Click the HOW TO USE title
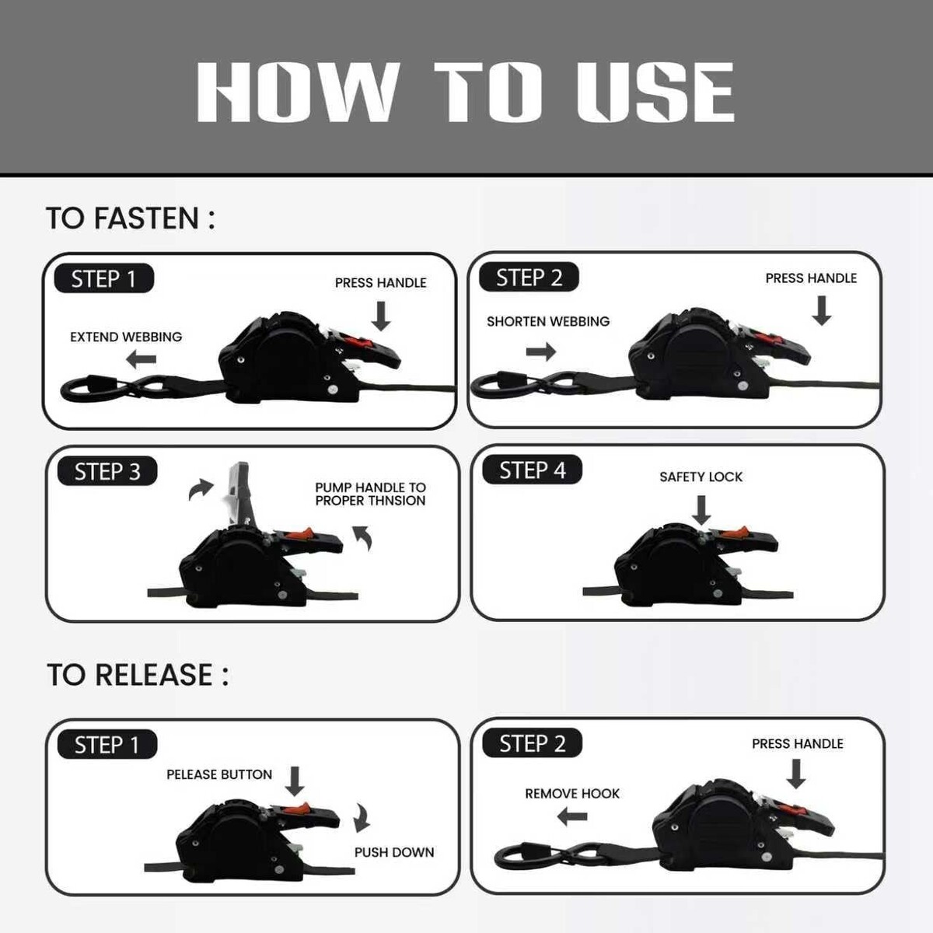tap(466, 92)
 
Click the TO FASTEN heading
tap(131, 218)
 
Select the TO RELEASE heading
tap(138, 675)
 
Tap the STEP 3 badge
tap(107, 471)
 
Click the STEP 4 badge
tap(532, 470)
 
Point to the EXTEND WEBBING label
tap(126, 337)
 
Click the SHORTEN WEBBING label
tap(548, 321)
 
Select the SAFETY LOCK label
tap(701, 477)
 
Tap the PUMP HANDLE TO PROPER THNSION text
tap(370, 494)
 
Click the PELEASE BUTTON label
tap(219, 774)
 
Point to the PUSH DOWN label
tap(394, 852)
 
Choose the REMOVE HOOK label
tap(572, 794)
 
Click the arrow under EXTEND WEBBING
tap(141, 359)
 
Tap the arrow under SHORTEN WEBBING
tap(541, 351)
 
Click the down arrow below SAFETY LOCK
tap(701, 510)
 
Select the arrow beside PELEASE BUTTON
tap(294, 781)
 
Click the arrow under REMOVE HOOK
tap(571, 817)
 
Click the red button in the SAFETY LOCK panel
tap(731, 533)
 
